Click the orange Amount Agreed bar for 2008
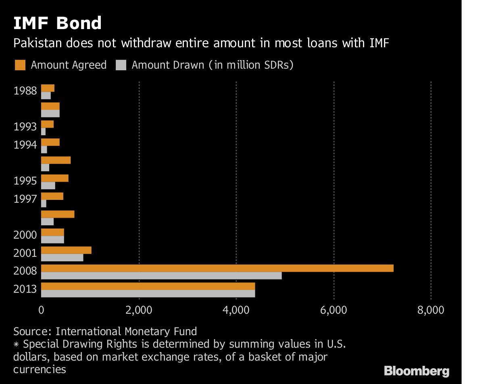pos(217,269)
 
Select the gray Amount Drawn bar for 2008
pos(161,276)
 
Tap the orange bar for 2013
pos(148,286)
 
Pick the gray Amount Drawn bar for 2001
pos(62,258)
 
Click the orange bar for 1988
pos(48,88)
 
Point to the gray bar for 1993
pos(43,132)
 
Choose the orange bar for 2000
pos(52,232)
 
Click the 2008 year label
pos(25,271)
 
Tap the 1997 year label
pos(25,199)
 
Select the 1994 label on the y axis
pos(25,145)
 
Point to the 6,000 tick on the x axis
pos(334,310)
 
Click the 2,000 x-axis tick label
pos(139,310)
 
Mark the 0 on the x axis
pos(41,310)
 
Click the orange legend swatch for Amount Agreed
pos(20,65)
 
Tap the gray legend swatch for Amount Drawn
pos(121,65)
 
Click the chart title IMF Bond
pos(57,23)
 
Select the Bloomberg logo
pos(416,371)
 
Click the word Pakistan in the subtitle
pos(36,43)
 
